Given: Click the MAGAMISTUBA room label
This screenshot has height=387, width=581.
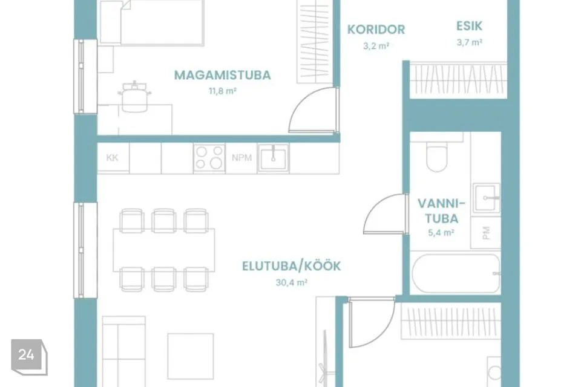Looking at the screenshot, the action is tap(222, 75).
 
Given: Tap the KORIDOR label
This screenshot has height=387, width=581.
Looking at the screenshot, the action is tap(376, 30).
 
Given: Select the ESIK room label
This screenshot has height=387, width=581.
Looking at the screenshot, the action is tap(469, 26).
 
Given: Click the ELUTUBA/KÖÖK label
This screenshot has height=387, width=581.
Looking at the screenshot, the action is tap(291, 266).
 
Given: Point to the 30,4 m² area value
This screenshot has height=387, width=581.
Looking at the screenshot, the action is tap(292, 282).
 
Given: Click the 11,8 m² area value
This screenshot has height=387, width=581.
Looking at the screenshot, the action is tap(222, 91).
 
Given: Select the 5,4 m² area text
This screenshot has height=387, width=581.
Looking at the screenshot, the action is tap(441, 233).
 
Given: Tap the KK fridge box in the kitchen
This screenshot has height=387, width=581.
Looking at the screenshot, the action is tap(113, 158).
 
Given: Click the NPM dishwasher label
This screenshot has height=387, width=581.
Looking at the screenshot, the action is tap(241, 158).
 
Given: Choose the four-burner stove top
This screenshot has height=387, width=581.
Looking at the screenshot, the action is tap(209, 158).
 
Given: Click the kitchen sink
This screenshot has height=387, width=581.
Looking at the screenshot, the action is tap(273, 158).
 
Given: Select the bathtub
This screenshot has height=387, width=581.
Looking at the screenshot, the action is tap(456, 273).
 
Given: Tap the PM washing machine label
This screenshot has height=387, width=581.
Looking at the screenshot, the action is tap(486, 233).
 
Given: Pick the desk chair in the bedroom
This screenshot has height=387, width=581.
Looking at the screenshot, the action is tap(134, 96).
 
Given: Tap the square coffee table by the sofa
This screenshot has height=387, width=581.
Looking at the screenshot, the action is tap(191, 356).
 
